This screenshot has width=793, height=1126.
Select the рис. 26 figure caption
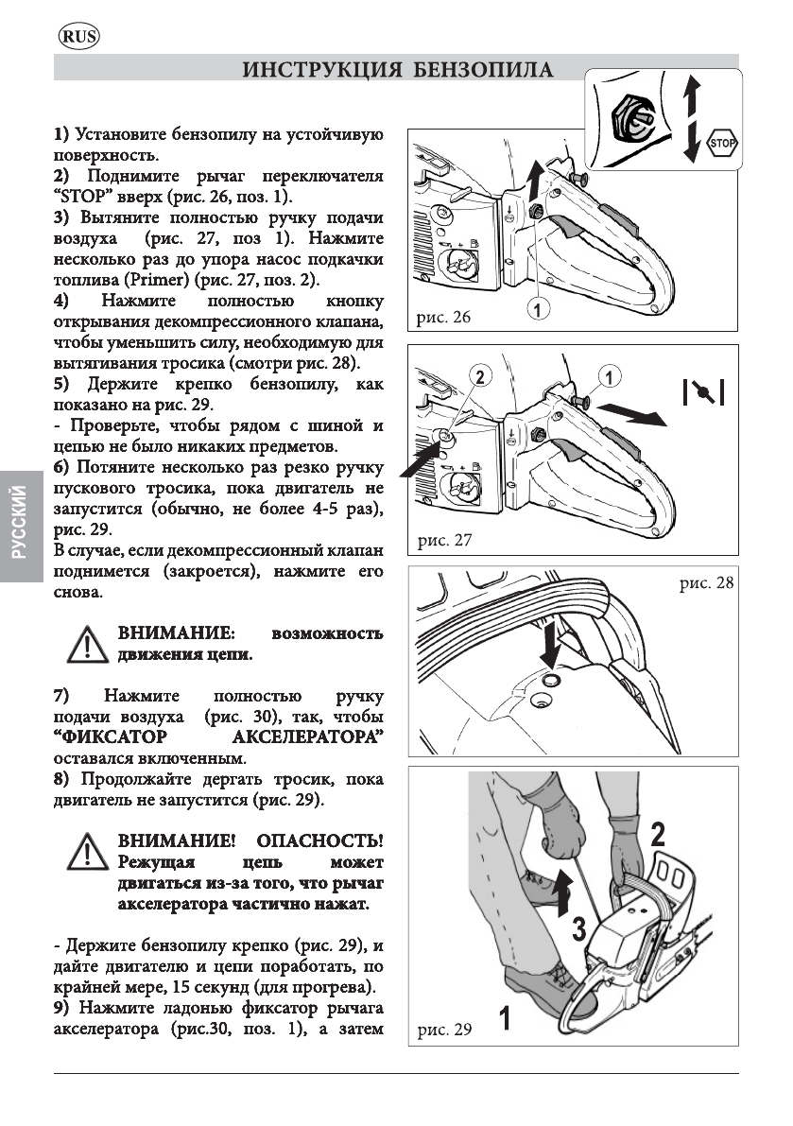click(443, 318)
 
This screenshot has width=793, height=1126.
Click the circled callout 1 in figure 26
click(538, 307)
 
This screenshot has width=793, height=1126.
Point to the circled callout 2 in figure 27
click(480, 377)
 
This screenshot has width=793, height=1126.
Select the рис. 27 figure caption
click(443, 541)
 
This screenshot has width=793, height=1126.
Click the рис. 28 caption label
click(706, 583)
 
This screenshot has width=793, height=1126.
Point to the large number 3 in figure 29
click(578, 930)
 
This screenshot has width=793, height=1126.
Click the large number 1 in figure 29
click(506, 1019)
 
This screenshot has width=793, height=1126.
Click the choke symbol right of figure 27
click(704, 390)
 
